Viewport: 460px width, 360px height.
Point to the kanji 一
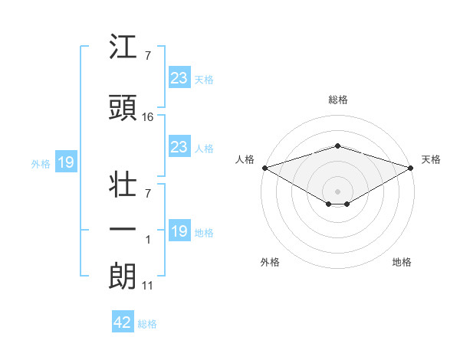123,229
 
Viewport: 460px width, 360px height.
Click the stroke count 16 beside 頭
148,117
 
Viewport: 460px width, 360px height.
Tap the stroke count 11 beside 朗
147,286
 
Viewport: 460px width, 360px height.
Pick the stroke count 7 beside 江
147,57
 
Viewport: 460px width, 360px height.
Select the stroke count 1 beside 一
148,240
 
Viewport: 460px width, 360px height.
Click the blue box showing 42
123,322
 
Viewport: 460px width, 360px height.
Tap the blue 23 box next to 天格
179,78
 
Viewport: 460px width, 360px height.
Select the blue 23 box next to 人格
179,147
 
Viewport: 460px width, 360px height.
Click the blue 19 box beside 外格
65,162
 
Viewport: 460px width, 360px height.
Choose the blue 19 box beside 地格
179,231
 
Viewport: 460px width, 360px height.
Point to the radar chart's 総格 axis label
337,100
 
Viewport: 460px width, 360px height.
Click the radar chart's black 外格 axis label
270,262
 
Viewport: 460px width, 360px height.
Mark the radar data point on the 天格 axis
412,168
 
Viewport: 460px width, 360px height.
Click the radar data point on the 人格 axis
264,168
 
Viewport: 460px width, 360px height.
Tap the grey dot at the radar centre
337,191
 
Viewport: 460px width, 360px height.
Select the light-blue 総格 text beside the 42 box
147,324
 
